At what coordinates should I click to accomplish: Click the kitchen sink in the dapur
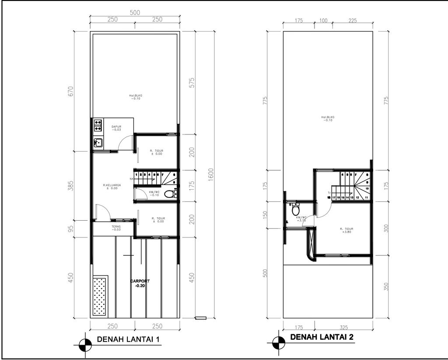[98, 142]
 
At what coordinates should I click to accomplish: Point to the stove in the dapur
[98, 126]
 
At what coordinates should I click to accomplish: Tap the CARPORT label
[140, 282]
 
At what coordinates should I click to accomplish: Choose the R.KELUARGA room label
[112, 187]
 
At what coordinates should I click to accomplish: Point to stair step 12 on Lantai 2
[357, 198]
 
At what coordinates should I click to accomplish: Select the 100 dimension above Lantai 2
[324, 20]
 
